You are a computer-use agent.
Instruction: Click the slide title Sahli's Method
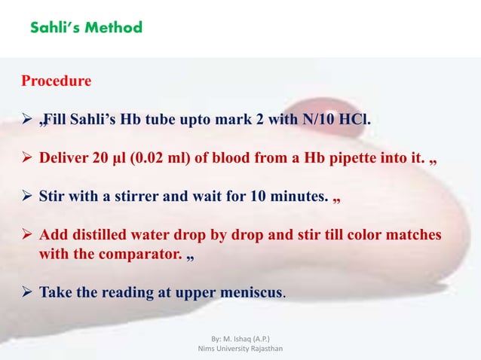[86, 28]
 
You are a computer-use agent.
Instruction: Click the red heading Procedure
[57, 81]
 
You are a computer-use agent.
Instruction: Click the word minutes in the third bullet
[297, 199]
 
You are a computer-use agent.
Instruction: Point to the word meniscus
[249, 291]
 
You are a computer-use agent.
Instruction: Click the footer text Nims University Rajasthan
[240, 349]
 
